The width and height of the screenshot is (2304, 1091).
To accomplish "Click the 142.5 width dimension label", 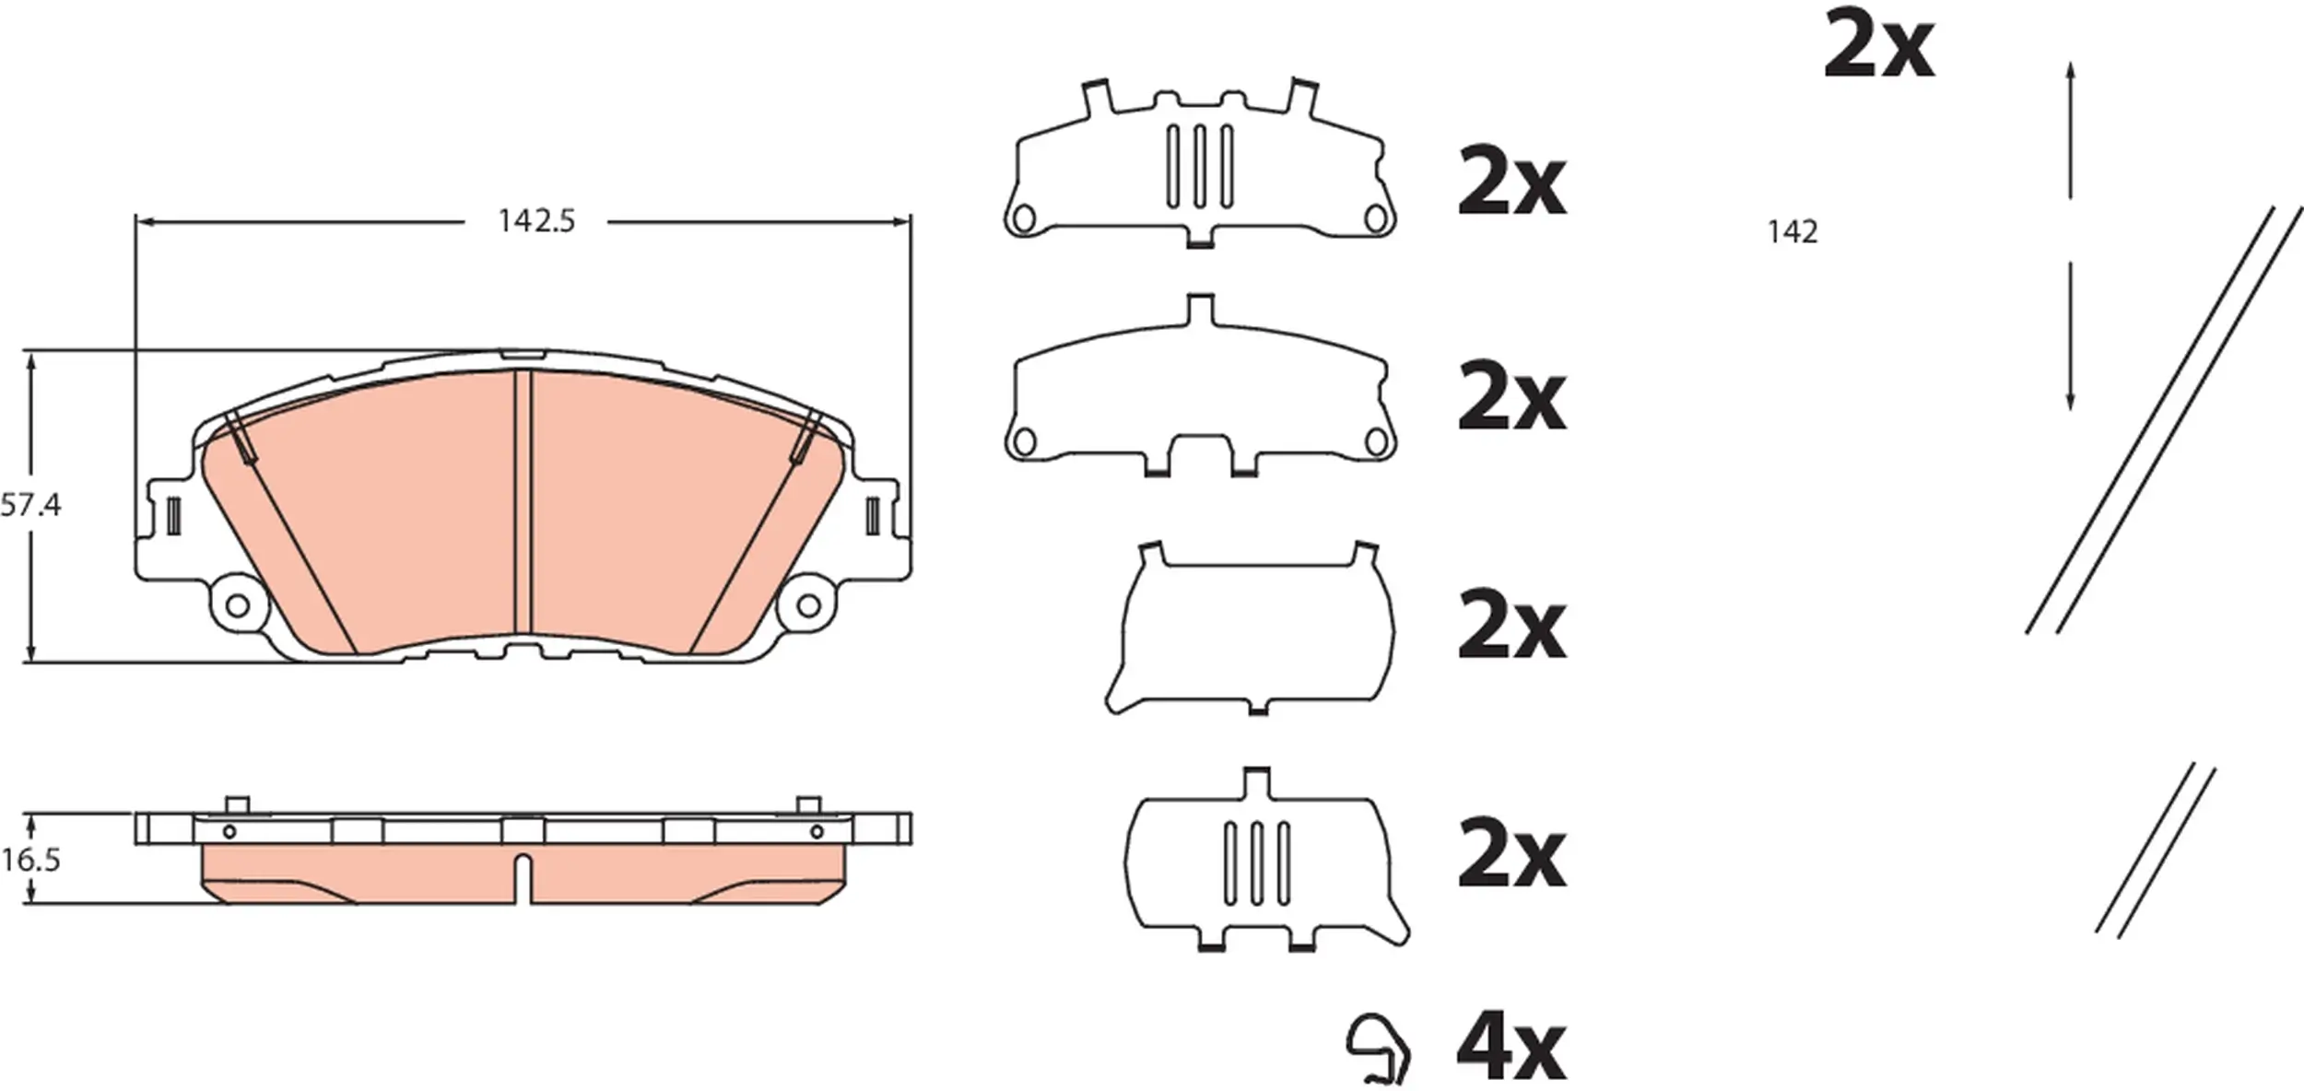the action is coord(536,221).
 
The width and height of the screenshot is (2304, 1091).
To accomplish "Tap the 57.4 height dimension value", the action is coord(30,505).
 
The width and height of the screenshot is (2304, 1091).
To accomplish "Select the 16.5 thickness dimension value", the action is coord(30,860).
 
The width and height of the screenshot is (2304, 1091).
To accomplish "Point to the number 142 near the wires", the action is coord(1793,232).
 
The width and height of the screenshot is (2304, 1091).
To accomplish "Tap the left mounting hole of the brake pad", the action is coord(237,605).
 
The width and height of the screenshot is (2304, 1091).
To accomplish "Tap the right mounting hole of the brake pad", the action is coord(808,605).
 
